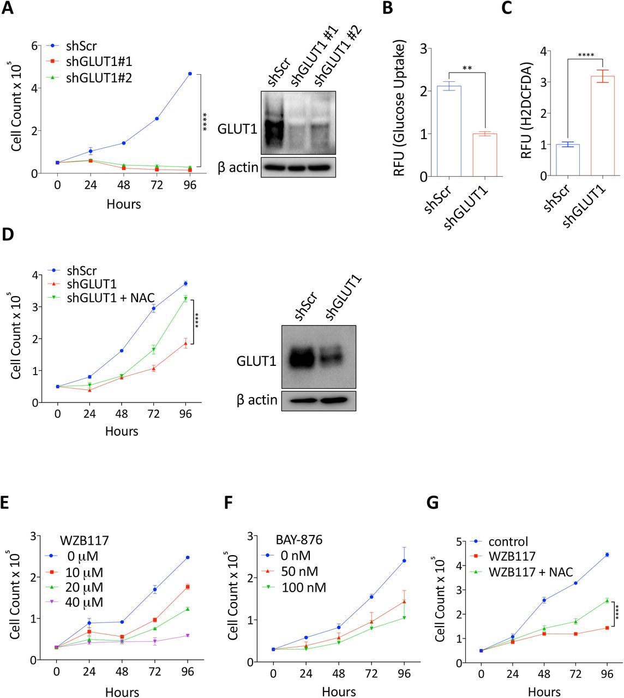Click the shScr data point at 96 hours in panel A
(x=190, y=74)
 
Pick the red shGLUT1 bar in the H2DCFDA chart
(x=602, y=126)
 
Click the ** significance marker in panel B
(x=466, y=69)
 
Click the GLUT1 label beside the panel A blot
(x=237, y=129)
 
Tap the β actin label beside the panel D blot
(x=257, y=400)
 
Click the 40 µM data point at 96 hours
(x=187, y=635)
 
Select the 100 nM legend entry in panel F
(x=303, y=587)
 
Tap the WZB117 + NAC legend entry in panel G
(x=530, y=571)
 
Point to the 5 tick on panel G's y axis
(x=460, y=541)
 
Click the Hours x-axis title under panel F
(x=338, y=691)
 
